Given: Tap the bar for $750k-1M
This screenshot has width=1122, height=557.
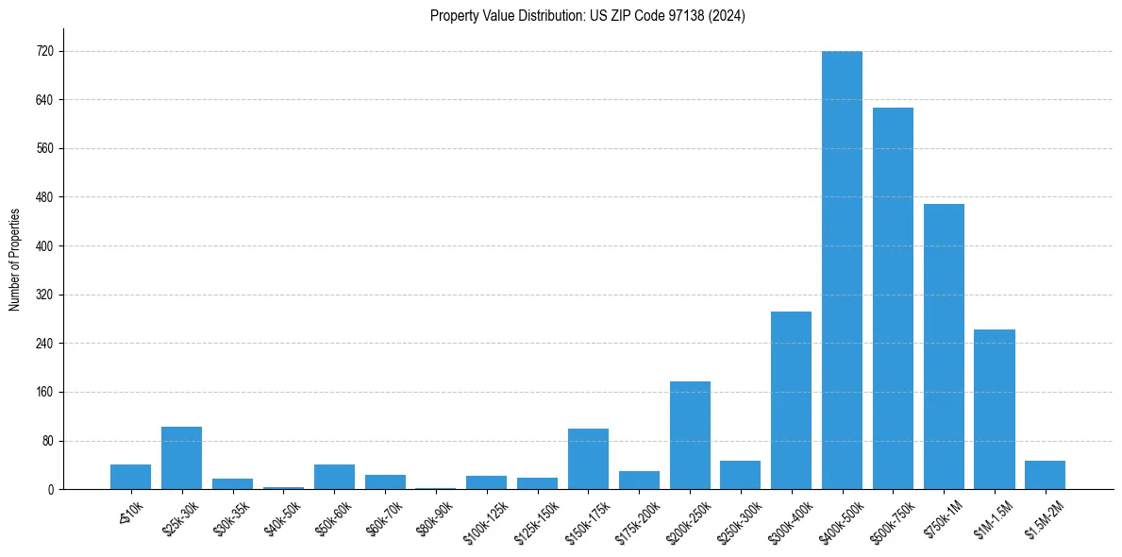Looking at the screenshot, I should click(x=944, y=346).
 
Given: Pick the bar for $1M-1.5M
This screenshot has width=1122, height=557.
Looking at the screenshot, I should click(x=995, y=409).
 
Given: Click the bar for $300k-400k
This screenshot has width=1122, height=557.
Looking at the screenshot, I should click(x=791, y=400).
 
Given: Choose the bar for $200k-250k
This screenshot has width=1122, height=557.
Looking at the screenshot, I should click(x=690, y=435).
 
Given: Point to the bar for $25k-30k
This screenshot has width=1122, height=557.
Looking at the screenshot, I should click(x=181, y=458).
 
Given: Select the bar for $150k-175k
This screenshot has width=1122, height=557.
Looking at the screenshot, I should click(x=588, y=459).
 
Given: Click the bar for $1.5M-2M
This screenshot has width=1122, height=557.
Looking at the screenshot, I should click(x=1045, y=475).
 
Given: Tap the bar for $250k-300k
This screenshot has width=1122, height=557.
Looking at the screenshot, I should click(x=741, y=475).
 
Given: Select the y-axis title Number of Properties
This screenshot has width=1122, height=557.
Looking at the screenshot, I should click(x=14, y=260).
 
